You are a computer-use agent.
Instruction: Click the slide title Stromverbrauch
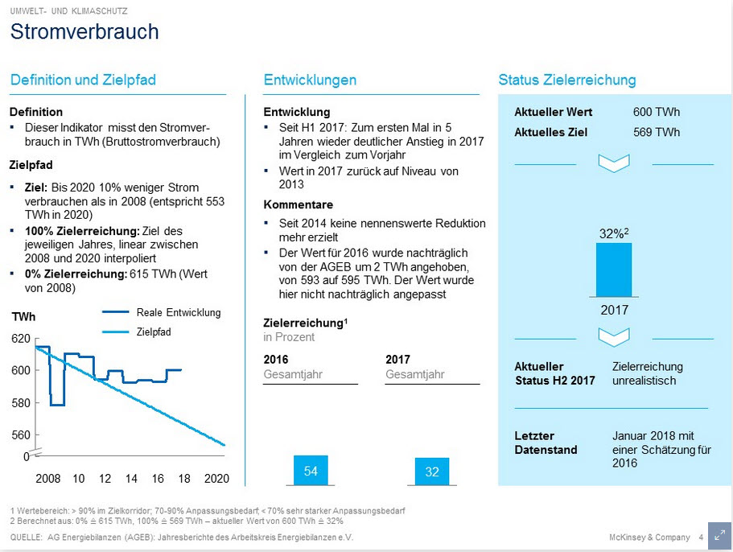tap(84, 31)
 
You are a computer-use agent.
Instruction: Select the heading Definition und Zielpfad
tap(83, 80)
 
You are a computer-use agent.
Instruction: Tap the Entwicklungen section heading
tap(310, 80)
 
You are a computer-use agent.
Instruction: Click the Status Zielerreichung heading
tap(567, 80)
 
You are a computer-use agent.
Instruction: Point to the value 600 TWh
tap(656, 112)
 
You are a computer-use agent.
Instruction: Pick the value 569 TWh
tap(656, 132)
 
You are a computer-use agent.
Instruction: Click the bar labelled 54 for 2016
tap(311, 472)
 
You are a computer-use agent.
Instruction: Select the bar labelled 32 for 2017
tap(432, 472)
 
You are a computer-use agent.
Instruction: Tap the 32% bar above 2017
tap(613, 270)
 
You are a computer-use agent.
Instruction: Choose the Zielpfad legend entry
tap(154, 332)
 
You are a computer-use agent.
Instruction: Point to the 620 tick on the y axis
tap(21, 340)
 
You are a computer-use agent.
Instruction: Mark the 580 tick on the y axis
tap(21, 403)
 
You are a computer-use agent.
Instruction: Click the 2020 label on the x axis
tap(216, 479)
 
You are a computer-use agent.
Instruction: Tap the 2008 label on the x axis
tap(48, 479)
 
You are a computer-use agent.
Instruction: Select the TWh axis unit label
tap(23, 317)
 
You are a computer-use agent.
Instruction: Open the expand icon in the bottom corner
tap(719, 537)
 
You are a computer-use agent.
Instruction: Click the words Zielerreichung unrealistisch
tap(647, 373)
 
